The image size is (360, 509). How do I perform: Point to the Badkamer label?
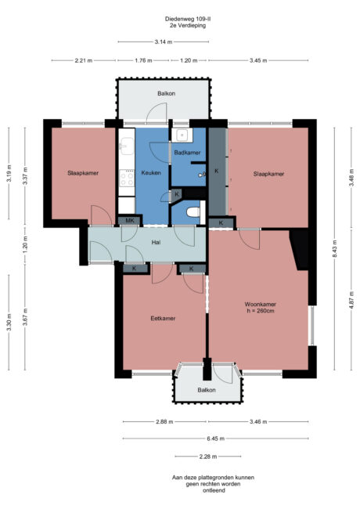[188, 153]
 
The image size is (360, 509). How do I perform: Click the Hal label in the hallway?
[156, 244]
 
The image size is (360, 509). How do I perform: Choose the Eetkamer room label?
[163, 319]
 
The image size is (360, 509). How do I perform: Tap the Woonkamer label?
[260, 304]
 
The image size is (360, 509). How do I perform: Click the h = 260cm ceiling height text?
[260, 311]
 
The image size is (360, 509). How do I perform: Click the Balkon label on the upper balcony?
[165, 93]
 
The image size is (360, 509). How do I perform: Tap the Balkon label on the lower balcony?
[206, 389]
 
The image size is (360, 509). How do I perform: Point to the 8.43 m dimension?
[335, 252]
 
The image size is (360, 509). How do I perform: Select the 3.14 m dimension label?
[163, 42]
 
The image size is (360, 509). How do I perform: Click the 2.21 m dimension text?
[83, 60]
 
